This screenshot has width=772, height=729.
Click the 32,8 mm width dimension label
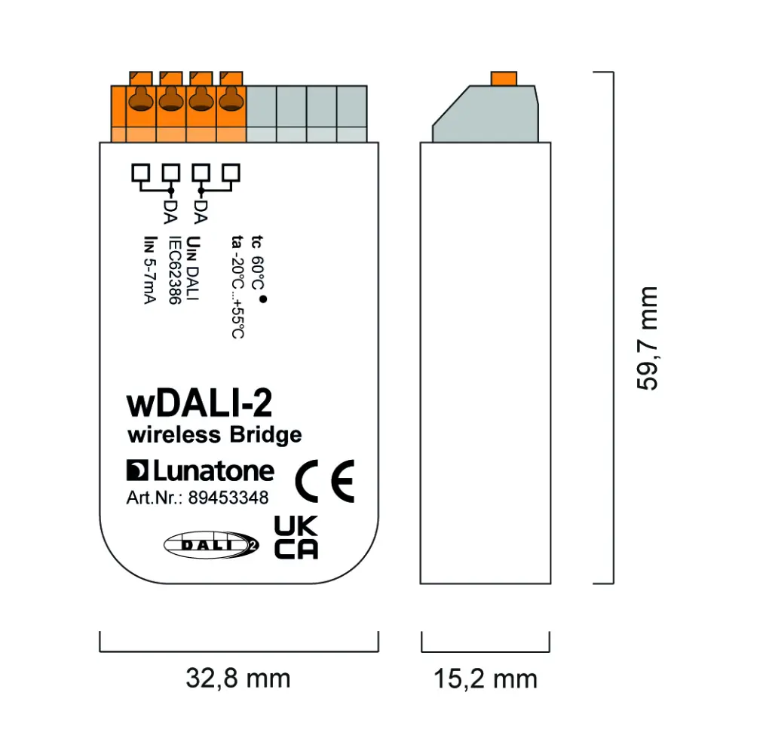(x=237, y=678)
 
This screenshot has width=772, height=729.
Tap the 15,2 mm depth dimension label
(x=485, y=678)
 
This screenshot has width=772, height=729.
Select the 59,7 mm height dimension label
(x=647, y=338)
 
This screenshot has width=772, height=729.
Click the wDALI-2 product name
(x=199, y=405)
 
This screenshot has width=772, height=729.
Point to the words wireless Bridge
(x=214, y=435)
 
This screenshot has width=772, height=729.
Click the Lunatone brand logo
(x=200, y=471)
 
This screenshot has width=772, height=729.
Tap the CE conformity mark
(x=324, y=479)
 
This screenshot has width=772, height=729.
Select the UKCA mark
(x=296, y=538)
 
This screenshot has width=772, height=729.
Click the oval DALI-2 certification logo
(x=211, y=544)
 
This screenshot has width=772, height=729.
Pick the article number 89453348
(x=228, y=498)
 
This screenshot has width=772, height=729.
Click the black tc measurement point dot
(x=263, y=300)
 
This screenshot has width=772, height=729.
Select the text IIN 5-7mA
(x=149, y=270)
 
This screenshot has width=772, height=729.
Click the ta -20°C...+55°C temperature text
(x=237, y=286)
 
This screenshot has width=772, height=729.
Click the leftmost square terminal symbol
(x=140, y=172)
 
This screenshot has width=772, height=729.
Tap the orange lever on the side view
(x=503, y=78)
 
